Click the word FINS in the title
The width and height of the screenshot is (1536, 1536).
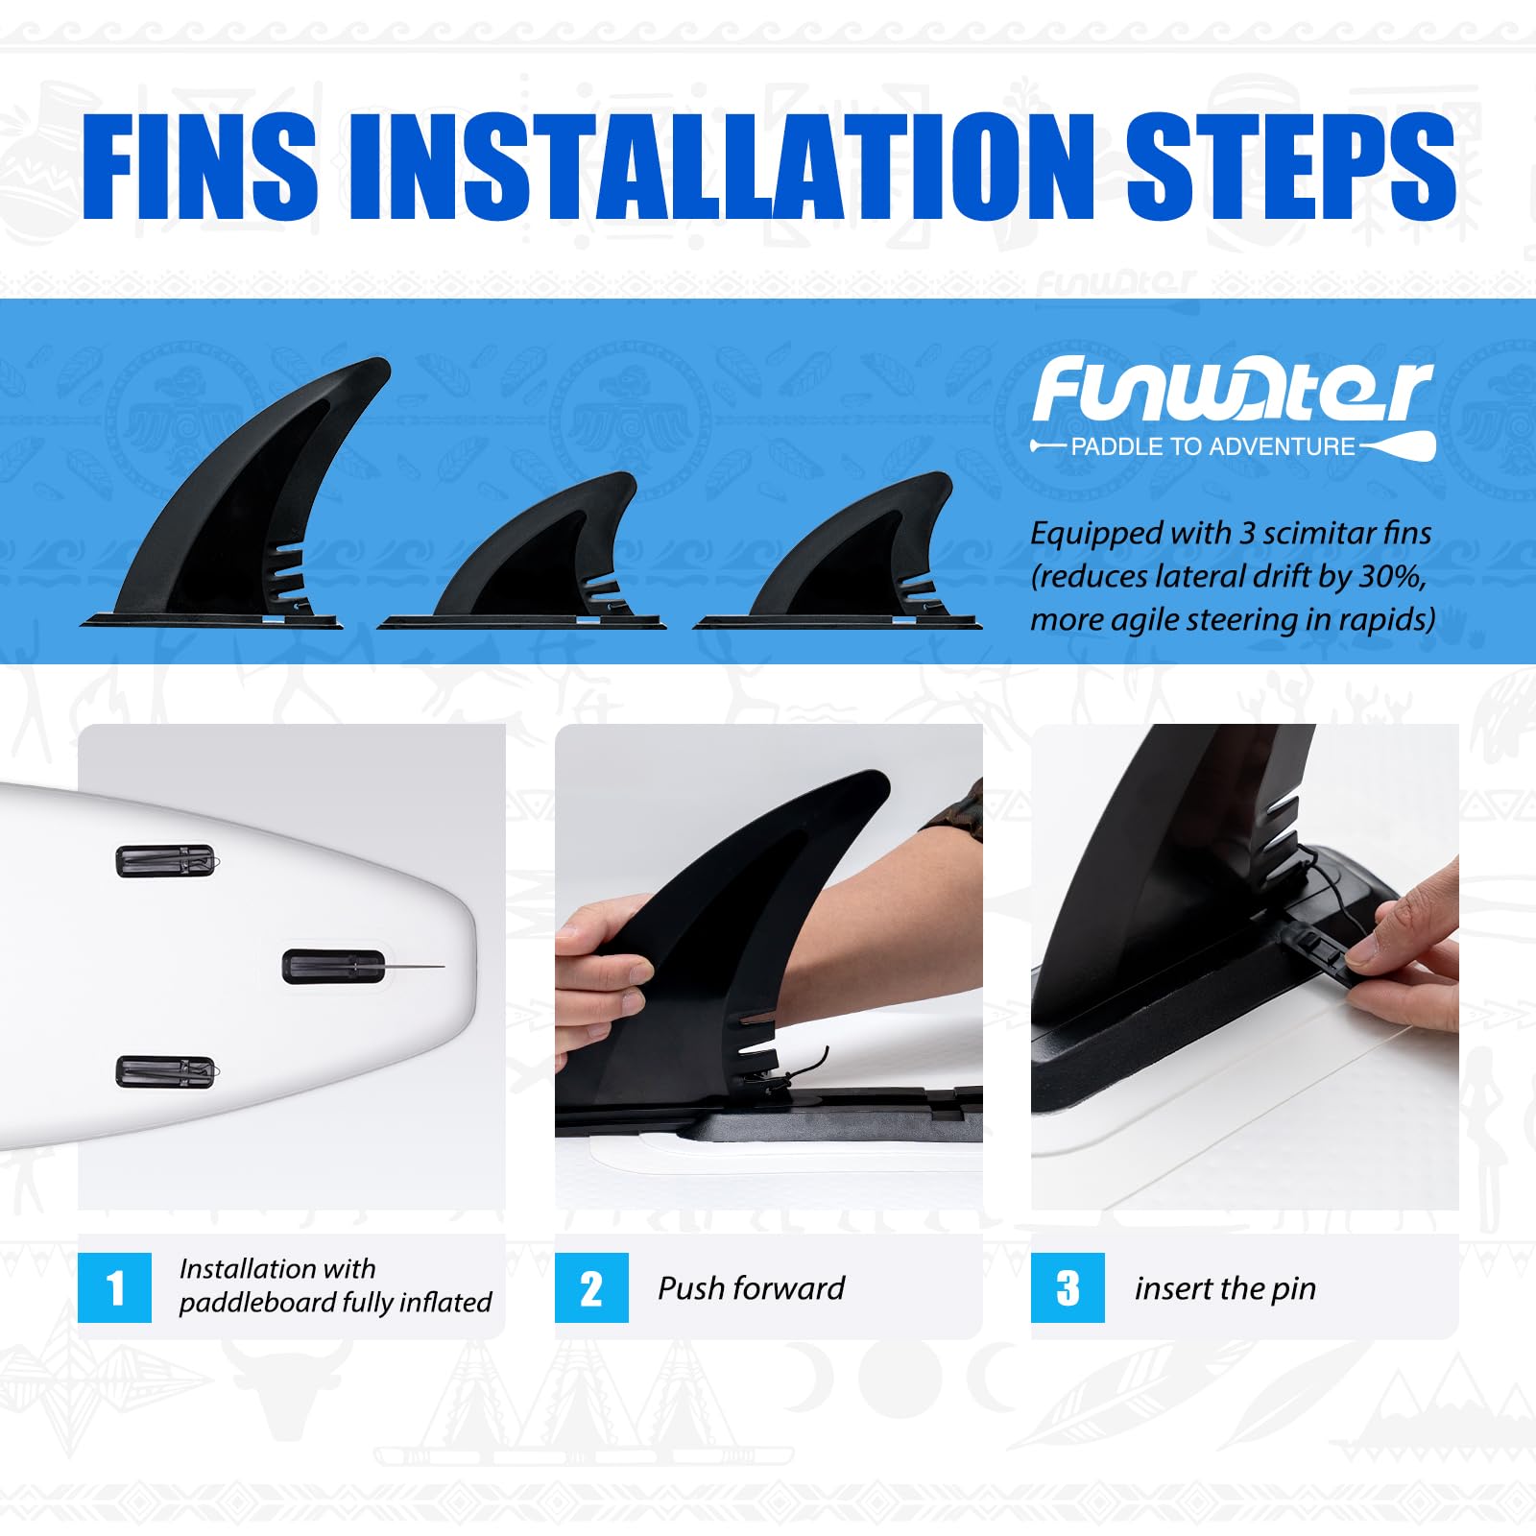[199, 166]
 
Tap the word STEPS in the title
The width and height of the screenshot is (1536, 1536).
[1290, 166]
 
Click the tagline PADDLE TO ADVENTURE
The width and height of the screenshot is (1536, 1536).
[1212, 446]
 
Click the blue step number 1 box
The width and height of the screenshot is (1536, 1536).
[114, 1287]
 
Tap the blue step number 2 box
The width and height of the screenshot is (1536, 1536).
[591, 1287]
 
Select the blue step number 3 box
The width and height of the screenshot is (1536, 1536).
[1068, 1287]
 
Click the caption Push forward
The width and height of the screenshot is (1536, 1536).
[751, 1287]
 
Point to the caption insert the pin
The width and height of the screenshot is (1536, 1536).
[1225, 1288]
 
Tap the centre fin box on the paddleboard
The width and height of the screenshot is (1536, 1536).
[334, 967]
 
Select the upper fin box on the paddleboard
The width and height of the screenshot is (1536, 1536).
[166, 861]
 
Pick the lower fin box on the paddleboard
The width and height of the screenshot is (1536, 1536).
[166, 1071]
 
